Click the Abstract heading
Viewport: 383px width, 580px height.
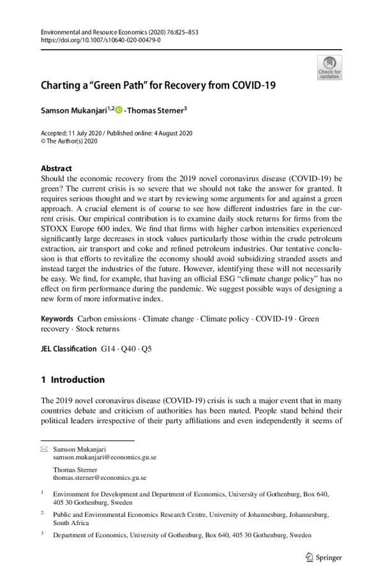click(56, 168)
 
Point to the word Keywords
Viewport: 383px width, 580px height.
click(56, 318)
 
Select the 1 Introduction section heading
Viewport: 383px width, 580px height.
click(72, 380)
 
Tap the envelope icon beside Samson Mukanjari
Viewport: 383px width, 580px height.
click(44, 450)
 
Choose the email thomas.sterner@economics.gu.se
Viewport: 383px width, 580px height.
click(100, 477)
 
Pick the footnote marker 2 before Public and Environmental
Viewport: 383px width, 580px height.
click(42, 512)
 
